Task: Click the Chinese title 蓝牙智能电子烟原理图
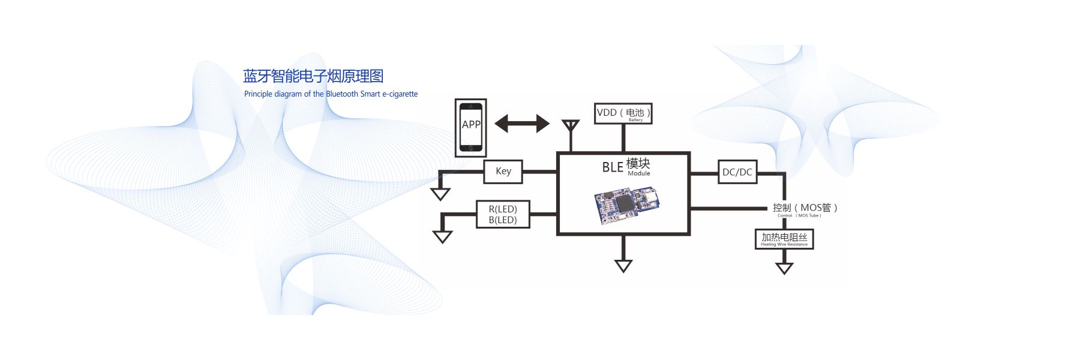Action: (313, 76)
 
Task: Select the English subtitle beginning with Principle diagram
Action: (331, 94)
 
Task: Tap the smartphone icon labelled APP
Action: (471, 128)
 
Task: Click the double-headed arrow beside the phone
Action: (522, 124)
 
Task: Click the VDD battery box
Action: (623, 113)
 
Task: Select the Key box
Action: (503, 172)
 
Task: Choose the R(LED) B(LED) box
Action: (503, 214)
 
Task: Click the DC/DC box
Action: (737, 172)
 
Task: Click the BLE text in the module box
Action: (613, 167)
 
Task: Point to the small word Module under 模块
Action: (639, 173)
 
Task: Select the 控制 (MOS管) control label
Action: (804, 208)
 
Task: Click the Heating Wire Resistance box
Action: (784, 239)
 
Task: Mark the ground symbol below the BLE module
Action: (623, 266)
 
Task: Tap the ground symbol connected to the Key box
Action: (440, 194)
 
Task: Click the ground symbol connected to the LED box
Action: (442, 237)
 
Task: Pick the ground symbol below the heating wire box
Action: (784, 268)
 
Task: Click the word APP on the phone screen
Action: (471, 124)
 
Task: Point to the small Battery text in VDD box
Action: (635, 120)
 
